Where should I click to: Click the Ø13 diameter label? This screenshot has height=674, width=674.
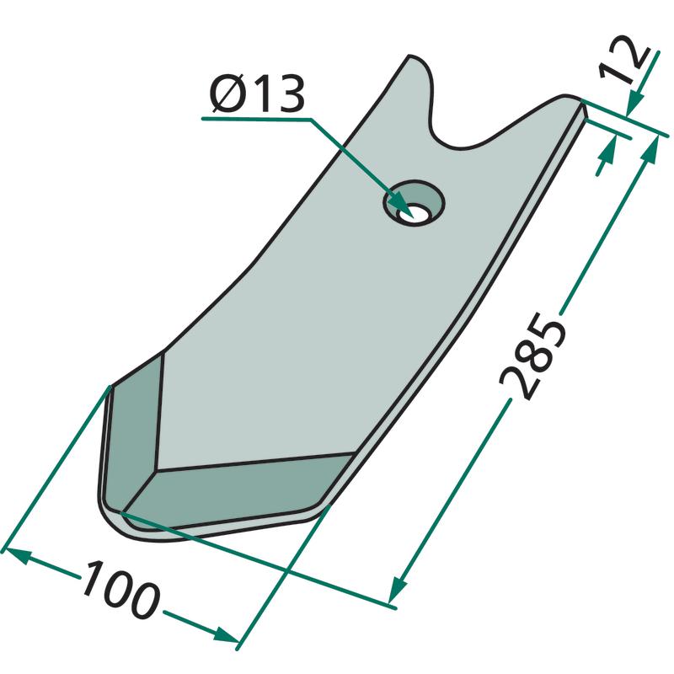click(257, 94)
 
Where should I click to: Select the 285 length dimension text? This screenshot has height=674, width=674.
click(533, 356)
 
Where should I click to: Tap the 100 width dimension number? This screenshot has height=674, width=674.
click(122, 589)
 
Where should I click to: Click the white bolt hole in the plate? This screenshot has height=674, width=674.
click(413, 214)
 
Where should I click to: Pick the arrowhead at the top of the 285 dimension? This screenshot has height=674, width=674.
click(650, 150)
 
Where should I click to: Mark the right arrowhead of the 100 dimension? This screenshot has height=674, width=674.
click(225, 635)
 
